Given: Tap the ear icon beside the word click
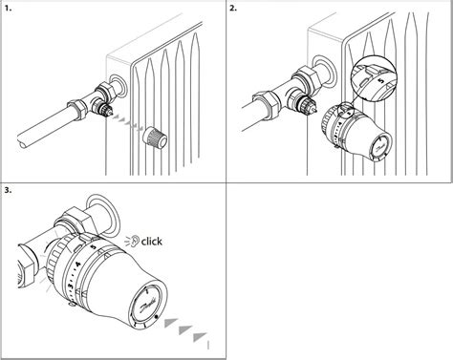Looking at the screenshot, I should pyautogui.click(x=133, y=241).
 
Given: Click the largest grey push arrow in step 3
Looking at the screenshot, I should pyautogui.click(x=198, y=338).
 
